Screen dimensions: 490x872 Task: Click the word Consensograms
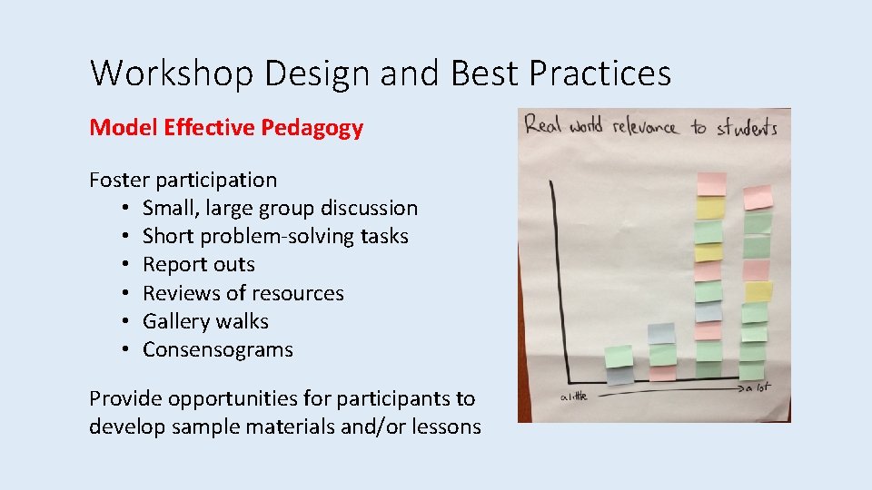(x=217, y=349)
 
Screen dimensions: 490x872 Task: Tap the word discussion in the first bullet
(x=366, y=208)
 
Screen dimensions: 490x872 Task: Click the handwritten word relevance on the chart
(x=644, y=126)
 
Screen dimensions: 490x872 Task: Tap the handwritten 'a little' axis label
(x=573, y=396)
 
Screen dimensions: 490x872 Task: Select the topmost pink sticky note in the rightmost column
(x=756, y=197)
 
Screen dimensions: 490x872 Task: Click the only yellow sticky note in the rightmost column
(x=758, y=291)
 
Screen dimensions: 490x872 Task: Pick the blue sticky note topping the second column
(x=661, y=333)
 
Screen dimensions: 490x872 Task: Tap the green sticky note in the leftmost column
(x=619, y=356)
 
